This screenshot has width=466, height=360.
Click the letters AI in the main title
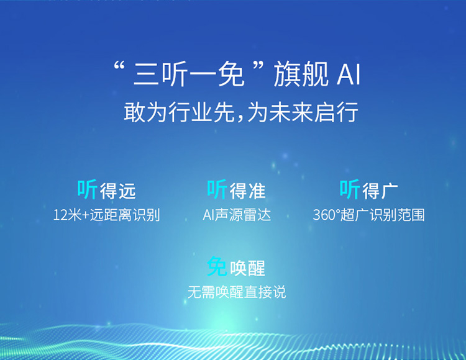pos(349,74)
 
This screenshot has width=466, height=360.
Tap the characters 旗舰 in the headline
pos(301,74)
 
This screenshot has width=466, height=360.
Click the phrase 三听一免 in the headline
pos(189,74)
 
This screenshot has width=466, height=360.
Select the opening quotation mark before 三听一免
pos(119,66)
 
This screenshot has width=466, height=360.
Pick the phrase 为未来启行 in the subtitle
pos(303,112)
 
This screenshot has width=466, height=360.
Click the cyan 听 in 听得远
pos(88,189)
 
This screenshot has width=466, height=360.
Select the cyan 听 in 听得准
pos(217,189)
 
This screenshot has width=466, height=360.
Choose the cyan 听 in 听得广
pos(350,189)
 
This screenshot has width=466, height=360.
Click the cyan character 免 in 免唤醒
pos(217,266)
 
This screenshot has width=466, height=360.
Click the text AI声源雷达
pos(237,215)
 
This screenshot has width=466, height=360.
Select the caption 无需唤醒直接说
pos(237,292)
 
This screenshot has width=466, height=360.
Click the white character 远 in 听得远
pos(127,191)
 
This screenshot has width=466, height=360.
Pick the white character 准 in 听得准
pos(257,191)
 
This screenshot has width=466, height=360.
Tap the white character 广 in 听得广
pos(390,191)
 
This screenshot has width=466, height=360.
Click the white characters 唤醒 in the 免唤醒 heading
pos(247,268)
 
